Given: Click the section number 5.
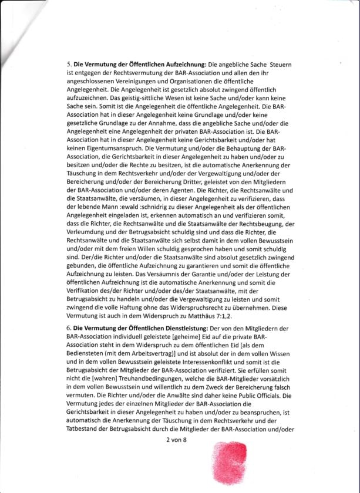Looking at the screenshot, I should point(68,63).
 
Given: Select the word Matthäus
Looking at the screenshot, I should point(206,315).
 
